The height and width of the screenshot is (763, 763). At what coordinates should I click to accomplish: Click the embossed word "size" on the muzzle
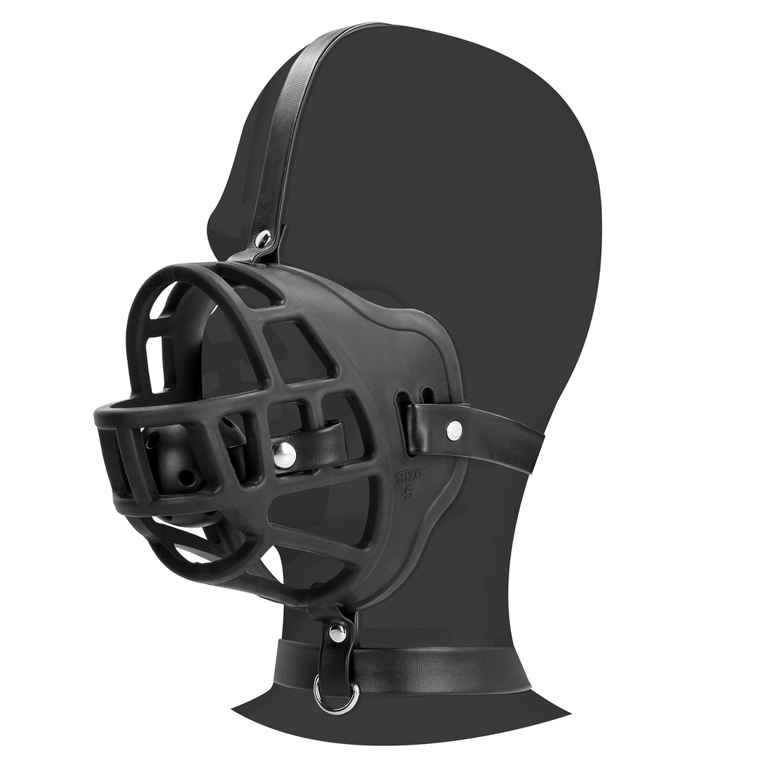[409, 475]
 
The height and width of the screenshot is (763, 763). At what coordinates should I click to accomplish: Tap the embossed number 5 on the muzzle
[408, 492]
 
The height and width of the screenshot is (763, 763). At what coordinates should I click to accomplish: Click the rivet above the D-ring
[338, 634]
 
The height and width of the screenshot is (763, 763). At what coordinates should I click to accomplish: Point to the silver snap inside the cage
[284, 456]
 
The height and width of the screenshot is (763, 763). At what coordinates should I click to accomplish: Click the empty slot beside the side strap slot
[427, 394]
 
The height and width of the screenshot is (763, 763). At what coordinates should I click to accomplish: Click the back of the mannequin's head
[565, 212]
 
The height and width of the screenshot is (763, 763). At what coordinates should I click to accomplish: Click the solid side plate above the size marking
[396, 339]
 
